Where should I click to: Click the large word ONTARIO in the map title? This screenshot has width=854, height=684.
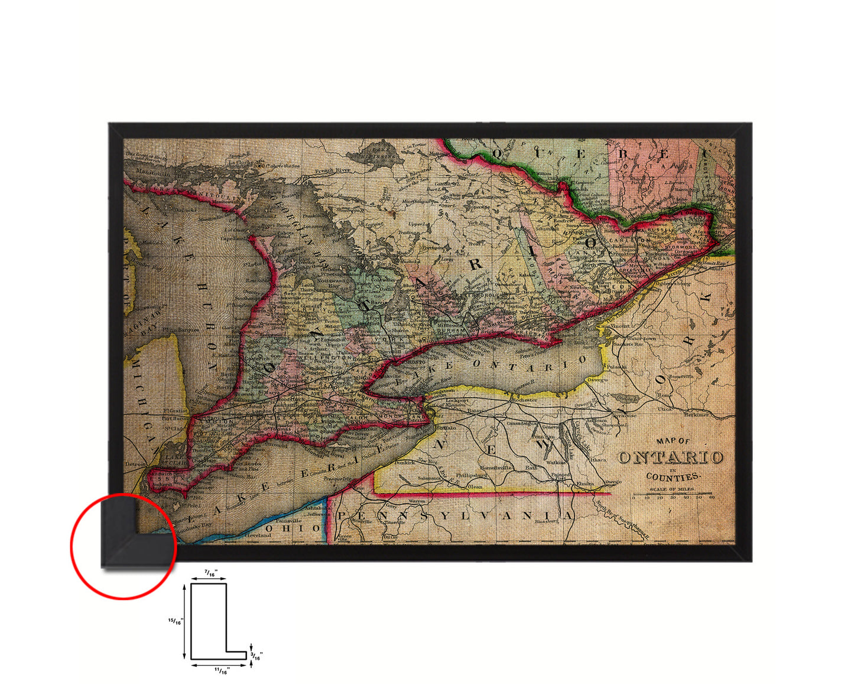(671, 457)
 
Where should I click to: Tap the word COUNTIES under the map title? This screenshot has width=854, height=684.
(673, 476)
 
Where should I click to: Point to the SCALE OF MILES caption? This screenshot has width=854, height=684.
(672, 489)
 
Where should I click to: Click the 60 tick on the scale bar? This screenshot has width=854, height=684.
(712, 498)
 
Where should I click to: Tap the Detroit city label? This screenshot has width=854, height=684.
(135, 464)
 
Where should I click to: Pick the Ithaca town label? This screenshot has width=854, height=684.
(598, 459)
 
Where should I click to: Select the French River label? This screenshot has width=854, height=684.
(332, 170)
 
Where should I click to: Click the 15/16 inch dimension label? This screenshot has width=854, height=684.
(176, 621)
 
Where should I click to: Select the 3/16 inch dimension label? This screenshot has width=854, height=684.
(256, 656)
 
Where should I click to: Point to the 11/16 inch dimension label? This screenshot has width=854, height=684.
(221, 670)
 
